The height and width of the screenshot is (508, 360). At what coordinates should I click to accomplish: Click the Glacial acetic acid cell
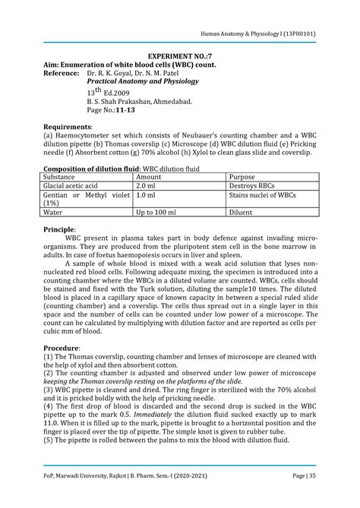(x=71, y=185)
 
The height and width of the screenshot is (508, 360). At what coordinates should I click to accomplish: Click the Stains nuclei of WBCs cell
(x=263, y=195)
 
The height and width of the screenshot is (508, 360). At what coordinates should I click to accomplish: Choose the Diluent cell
(x=242, y=213)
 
